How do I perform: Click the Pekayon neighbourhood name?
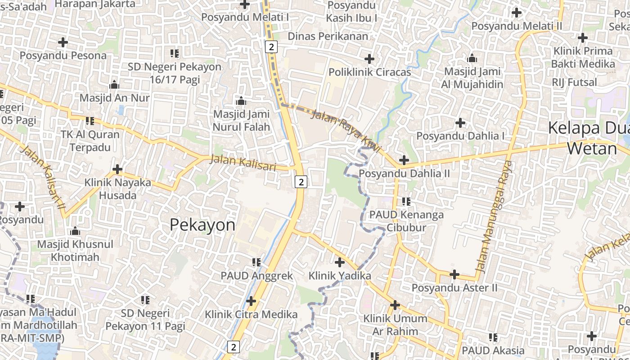(202, 225)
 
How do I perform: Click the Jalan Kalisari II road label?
(43, 177)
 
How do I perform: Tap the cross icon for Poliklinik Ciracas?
(369, 59)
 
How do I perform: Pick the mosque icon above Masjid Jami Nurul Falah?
(241, 101)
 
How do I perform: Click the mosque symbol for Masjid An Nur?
(114, 85)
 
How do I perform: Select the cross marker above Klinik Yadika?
(340, 262)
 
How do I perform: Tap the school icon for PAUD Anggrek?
(256, 262)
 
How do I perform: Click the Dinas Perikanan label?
(328, 36)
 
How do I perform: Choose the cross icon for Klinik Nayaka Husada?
(117, 169)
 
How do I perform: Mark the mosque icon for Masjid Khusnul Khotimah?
(75, 231)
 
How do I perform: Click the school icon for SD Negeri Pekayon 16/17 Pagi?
(175, 54)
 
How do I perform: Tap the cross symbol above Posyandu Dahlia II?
(404, 160)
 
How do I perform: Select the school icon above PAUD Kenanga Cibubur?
(406, 201)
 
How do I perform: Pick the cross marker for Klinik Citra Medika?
(251, 301)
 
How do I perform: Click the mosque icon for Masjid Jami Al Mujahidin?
(472, 58)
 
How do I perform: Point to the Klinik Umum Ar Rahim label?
(395, 325)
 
